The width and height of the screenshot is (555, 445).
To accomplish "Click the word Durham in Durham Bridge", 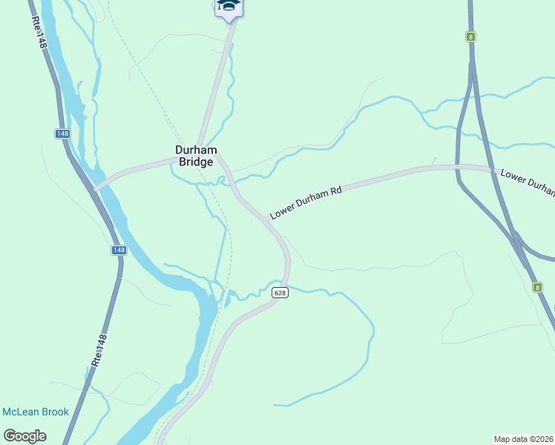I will pyautogui.click(x=196, y=150).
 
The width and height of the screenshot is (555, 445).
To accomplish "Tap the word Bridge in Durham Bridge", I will pyautogui.click(x=196, y=162).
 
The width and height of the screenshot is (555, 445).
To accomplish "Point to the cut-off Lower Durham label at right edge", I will pyautogui.click(x=528, y=182).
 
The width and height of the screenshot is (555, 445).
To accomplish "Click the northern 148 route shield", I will pyautogui.click(x=62, y=133).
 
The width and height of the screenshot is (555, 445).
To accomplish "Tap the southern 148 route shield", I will pyautogui.click(x=119, y=250).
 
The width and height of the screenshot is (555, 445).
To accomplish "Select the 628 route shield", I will pyautogui.click(x=280, y=293).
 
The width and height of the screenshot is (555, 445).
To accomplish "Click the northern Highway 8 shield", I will pyautogui.click(x=470, y=36).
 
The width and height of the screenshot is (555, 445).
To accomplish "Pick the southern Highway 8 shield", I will pyautogui.click(x=536, y=287).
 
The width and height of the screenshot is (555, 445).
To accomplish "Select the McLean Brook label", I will pyautogui.click(x=36, y=412).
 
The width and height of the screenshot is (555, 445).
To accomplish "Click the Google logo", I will pyautogui.click(x=24, y=436).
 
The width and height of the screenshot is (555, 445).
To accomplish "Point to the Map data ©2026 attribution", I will pyautogui.click(x=523, y=438).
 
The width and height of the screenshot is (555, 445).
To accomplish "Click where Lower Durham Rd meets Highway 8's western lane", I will pyautogui.click(x=458, y=166).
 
